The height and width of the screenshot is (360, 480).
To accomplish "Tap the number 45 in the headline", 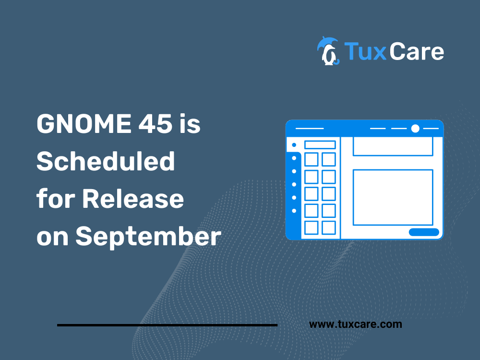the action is [155, 123].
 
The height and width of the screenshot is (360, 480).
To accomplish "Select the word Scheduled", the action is [106, 161].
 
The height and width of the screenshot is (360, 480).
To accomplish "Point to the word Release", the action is [133, 199].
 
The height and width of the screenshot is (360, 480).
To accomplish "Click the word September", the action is [148, 237].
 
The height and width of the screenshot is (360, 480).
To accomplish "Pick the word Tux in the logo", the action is [365, 51].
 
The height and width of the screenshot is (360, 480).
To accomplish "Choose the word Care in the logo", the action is [417, 51].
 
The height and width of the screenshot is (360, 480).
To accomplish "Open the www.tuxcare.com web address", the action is [355, 324].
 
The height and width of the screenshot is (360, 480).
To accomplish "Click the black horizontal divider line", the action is [167, 325].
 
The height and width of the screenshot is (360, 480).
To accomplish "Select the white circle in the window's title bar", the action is [415, 128].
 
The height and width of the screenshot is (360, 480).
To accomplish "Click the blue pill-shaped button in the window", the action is [424, 232].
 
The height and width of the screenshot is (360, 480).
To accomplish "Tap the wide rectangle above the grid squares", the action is [320, 145].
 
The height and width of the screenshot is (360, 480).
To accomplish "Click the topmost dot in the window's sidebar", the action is [294, 145].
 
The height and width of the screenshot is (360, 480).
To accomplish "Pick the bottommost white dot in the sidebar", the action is [294, 211].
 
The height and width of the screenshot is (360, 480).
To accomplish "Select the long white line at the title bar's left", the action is [310, 128].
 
